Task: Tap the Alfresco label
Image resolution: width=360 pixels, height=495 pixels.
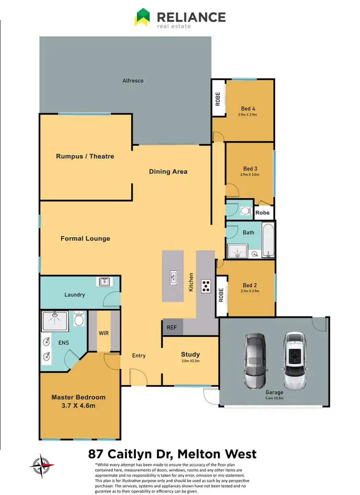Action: tap(132, 81)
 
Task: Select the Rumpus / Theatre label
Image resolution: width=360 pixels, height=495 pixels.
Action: tap(85, 156)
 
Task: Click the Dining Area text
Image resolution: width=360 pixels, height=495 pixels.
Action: tap(168, 172)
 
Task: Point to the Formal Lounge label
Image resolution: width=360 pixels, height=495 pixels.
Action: tap(85, 238)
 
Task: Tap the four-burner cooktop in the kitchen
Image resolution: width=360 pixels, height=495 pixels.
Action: tap(206, 286)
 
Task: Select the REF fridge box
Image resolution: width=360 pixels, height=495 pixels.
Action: tap(171, 328)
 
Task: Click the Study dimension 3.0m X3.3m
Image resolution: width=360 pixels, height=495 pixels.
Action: tap(190, 361)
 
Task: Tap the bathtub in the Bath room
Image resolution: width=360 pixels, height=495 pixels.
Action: tap(268, 240)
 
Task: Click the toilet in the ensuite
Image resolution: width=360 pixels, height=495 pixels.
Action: tap(79, 318)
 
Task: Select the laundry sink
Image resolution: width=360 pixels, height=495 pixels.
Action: tap(104, 282)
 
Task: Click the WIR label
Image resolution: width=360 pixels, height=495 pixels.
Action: tap(104, 332)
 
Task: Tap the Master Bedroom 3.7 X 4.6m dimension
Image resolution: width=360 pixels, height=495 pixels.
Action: tap(78, 406)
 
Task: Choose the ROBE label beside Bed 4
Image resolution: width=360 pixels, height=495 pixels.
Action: tap(218, 99)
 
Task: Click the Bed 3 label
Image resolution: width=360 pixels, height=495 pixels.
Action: tap(250, 168)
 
